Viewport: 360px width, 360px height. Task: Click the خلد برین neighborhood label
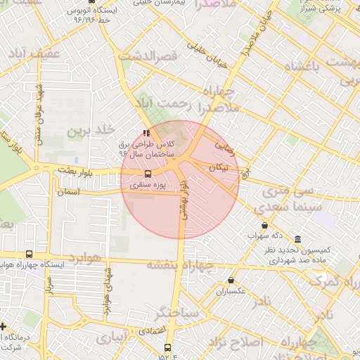point(91,131)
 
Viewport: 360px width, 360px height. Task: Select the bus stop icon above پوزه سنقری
point(148,174)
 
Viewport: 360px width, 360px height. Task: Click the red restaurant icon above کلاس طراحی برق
point(146,132)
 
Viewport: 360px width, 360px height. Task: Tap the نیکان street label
point(219,167)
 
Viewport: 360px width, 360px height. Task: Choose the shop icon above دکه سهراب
point(264,226)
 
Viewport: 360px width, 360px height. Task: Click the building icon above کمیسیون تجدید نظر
point(298,239)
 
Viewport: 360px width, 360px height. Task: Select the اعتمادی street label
point(151,330)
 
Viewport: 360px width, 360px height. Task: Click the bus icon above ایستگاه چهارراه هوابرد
point(29,254)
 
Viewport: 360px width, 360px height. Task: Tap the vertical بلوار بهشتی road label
point(184,200)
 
